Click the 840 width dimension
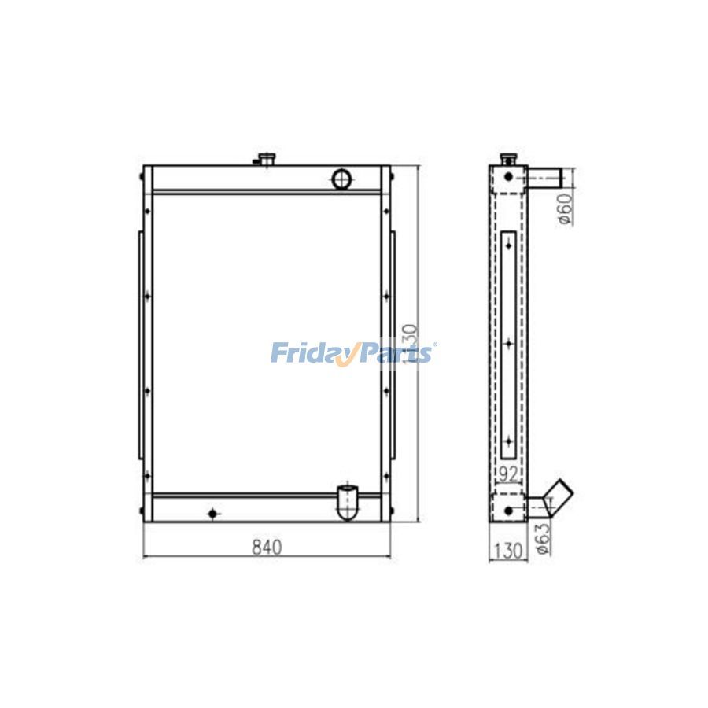pos(267,547)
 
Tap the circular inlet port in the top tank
pos(343,179)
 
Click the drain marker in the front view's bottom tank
pos(212,514)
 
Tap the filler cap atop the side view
pos(508,158)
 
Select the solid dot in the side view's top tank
pos(508,178)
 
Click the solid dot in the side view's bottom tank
pos(508,511)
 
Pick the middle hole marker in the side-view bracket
pos(509,343)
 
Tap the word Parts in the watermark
pos(397,352)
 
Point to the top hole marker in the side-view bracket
pos(509,244)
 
